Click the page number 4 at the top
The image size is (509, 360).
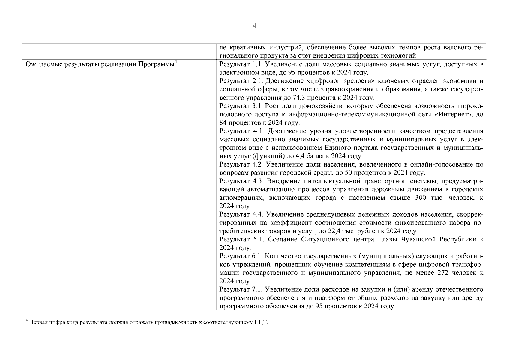[x=254, y=26]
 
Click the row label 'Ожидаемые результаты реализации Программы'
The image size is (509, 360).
[x=100, y=64]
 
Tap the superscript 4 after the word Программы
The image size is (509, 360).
[x=176, y=62]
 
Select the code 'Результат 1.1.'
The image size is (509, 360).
[x=241, y=64]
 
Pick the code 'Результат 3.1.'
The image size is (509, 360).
[x=241, y=106]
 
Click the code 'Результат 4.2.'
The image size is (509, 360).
[x=241, y=164]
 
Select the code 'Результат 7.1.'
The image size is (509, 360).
[x=241, y=289]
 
